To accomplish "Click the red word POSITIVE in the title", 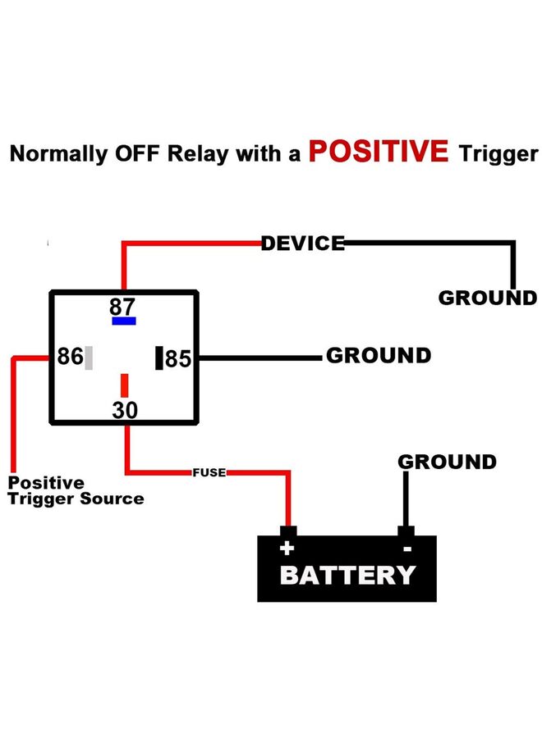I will coord(379,152).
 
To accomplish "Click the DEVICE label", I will coord(303,243).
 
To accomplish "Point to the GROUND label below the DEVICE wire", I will coord(487,298).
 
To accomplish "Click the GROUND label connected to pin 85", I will coord(378,355).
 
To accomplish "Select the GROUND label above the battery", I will coord(447,462).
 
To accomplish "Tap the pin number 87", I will coord(122,307).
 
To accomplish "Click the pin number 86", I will coord(70,358).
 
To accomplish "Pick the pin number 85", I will coord(178,359).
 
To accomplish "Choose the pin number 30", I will coord(125,410).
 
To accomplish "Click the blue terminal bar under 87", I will coord(124,321).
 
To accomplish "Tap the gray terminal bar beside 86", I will coord(89,358).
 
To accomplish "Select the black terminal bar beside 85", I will coord(159,358).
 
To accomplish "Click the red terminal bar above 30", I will coord(125,385).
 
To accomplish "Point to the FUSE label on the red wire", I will coord(209,472).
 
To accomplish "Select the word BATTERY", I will coord(347,575).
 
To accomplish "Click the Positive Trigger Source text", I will coord(76,490).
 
